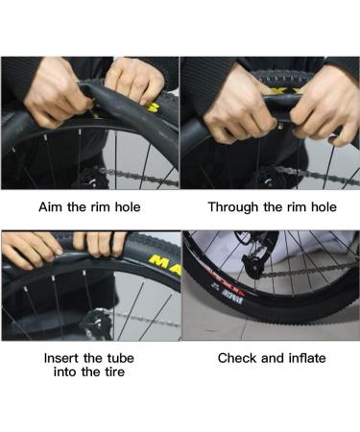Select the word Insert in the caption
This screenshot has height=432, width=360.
[61, 358]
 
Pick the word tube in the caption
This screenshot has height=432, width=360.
[120, 358]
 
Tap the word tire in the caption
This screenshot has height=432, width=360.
[114, 372]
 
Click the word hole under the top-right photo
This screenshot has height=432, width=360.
[324, 207]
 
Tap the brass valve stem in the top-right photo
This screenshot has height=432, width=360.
[281, 128]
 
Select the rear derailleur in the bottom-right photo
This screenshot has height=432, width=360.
[256, 256]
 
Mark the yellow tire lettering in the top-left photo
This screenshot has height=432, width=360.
[152, 108]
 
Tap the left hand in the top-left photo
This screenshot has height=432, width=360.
[55, 93]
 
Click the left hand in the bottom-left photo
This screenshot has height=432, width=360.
[32, 248]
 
